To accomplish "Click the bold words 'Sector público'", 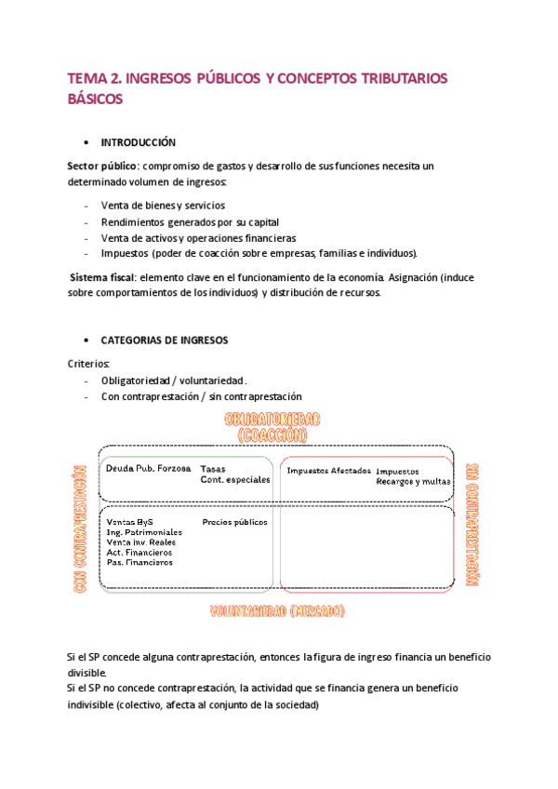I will [97, 166].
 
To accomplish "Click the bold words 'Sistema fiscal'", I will [104, 277].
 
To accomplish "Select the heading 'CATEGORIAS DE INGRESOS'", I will [164, 341].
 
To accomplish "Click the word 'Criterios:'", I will [89, 364].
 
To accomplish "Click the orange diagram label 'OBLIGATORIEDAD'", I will [272, 420].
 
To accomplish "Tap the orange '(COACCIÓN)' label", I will [272, 435].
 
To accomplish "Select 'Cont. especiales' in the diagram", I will [235, 480].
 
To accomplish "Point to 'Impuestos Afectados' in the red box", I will [328, 471].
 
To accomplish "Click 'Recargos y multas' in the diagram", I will [413, 482].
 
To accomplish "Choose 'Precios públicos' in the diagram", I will [234, 522].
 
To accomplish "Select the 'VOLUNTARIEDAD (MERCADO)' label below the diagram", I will [277, 611].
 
